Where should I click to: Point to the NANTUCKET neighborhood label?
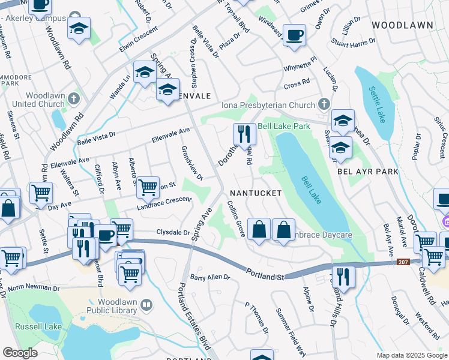255,193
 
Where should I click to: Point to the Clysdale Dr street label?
173,232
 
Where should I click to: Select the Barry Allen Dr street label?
209,277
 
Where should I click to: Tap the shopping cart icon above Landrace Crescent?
147,187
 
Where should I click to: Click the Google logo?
20,353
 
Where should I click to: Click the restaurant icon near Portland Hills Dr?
343,276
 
